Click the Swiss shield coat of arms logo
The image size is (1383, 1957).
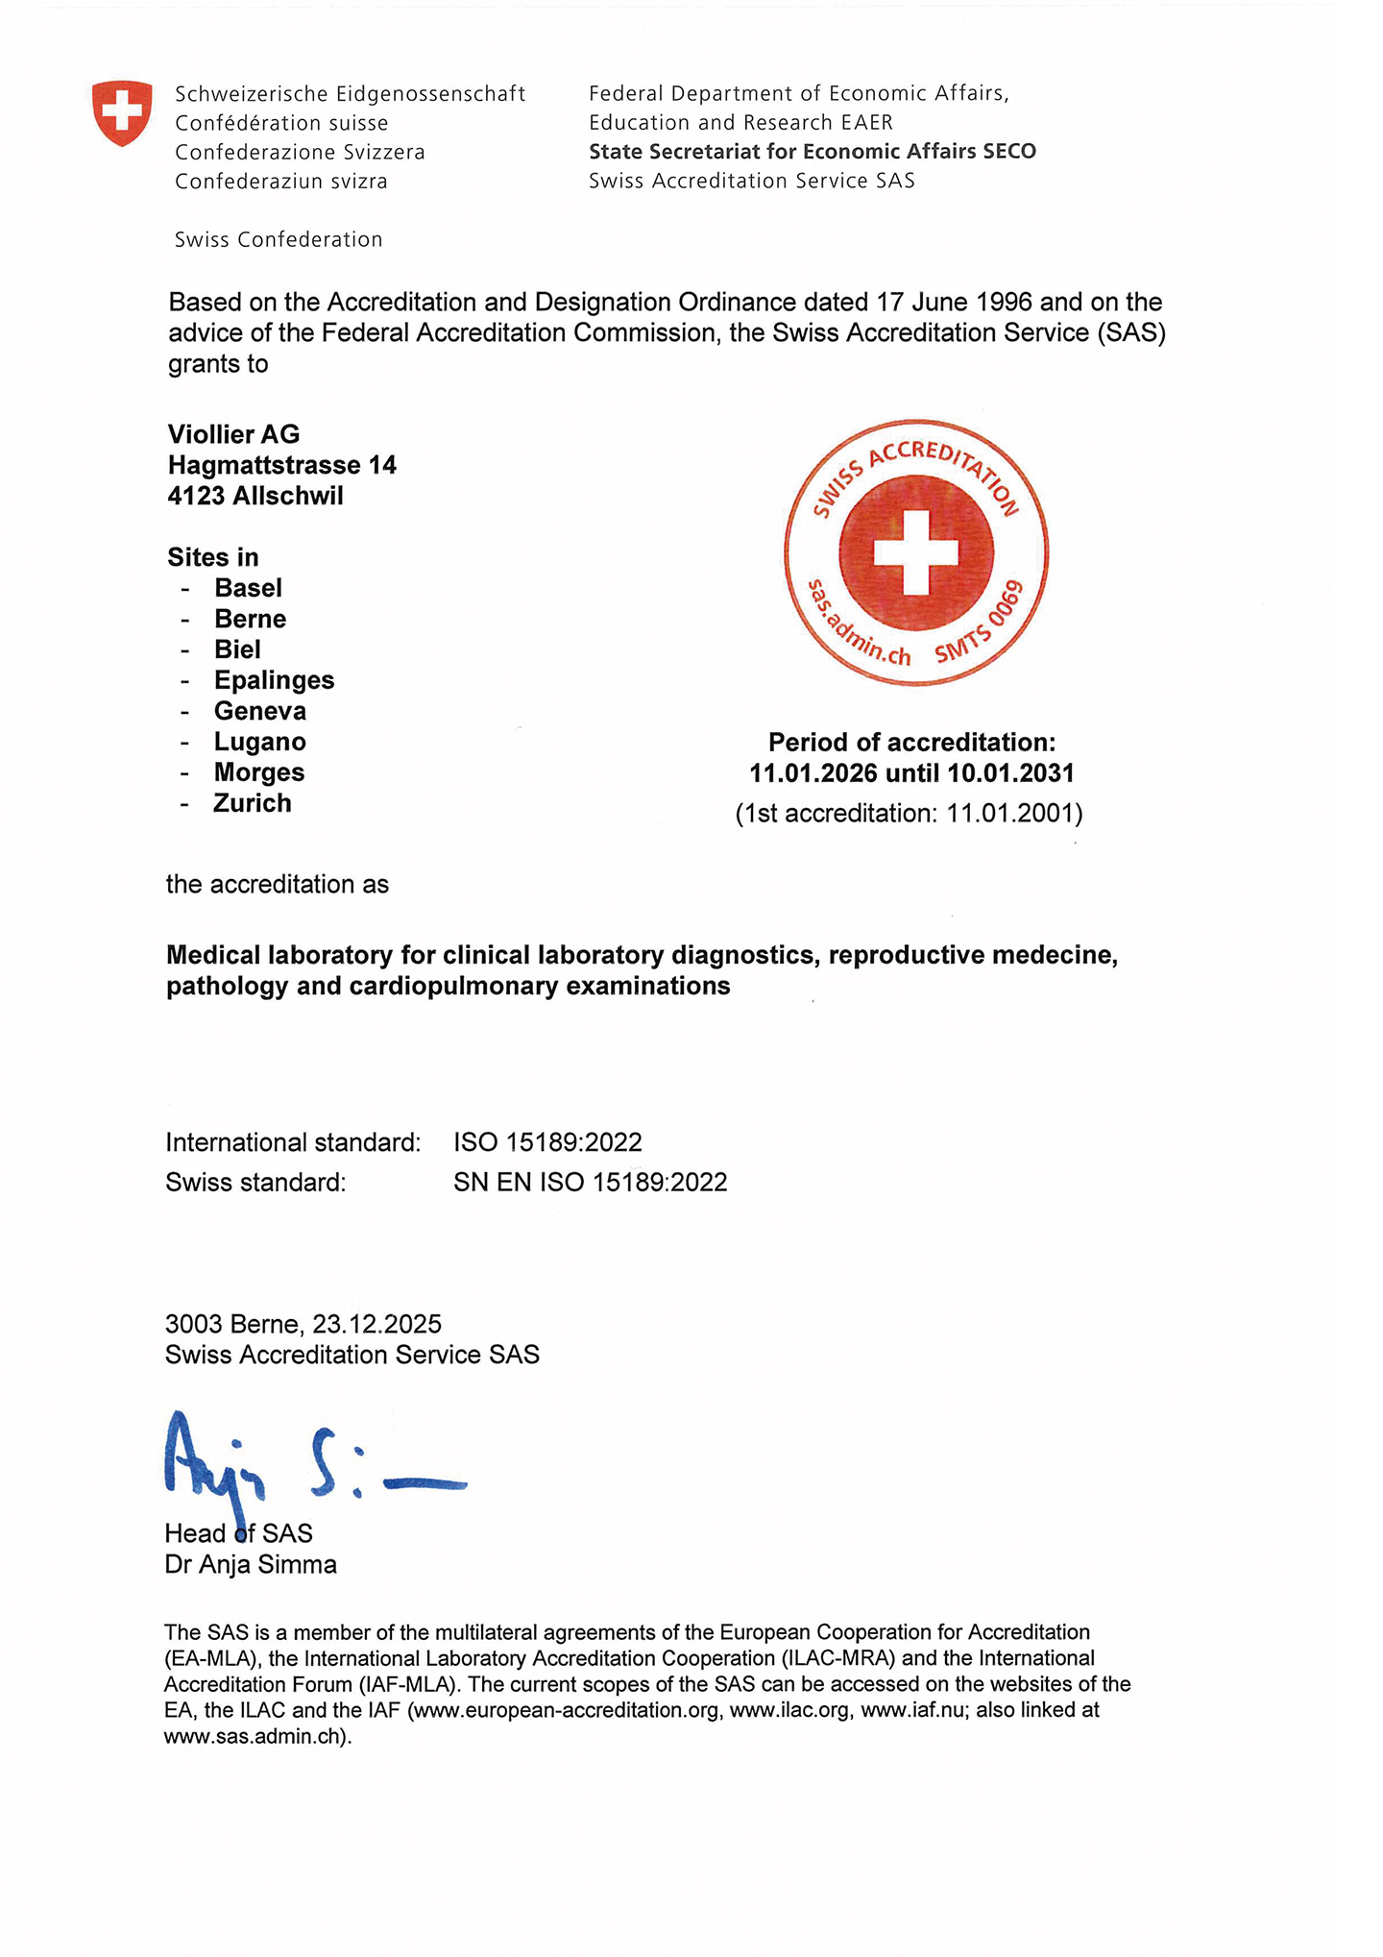[122, 113]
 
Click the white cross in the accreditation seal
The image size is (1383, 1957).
[916, 552]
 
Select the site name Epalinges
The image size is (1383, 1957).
[274, 680]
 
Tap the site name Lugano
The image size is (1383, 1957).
[259, 742]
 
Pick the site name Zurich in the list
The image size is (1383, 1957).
[252, 803]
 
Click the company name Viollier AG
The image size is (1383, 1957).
[233, 434]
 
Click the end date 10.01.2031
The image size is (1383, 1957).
[1010, 772]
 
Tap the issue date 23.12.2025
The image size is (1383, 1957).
[376, 1324]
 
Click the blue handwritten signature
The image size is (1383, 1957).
[307, 1461]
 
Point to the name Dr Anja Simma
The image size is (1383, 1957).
[251, 1564]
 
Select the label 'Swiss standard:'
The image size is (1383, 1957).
[255, 1182]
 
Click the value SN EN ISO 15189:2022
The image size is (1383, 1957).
[590, 1182]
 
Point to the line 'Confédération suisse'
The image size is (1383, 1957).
[281, 123]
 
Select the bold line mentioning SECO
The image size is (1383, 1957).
[812, 152]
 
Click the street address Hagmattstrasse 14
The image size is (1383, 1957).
[281, 465]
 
